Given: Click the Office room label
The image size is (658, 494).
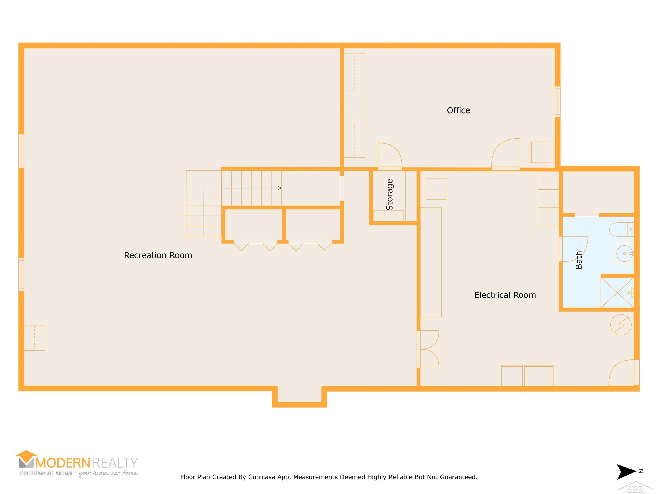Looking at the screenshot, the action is pos(458,110).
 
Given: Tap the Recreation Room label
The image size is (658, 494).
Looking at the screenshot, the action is pos(158,255).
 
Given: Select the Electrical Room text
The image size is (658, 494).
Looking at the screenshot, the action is pos(505,295).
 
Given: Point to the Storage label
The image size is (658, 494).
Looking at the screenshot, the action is pos(389,195).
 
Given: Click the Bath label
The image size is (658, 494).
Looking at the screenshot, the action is pos(579,260).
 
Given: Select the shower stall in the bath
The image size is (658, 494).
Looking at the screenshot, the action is pos(617,293).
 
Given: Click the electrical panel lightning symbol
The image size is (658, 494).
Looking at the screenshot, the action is pos(621,325).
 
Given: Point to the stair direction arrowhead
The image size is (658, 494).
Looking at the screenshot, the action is pos(279,188).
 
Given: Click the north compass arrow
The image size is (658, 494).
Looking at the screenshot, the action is pos(626,472).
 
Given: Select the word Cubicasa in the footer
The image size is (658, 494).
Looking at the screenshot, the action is pos(261,477).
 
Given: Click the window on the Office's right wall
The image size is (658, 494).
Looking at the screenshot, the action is pos(558,101).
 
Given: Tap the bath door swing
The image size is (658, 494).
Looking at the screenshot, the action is pos(574,249).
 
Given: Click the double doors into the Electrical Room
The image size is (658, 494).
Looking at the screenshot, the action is pos(428,349).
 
